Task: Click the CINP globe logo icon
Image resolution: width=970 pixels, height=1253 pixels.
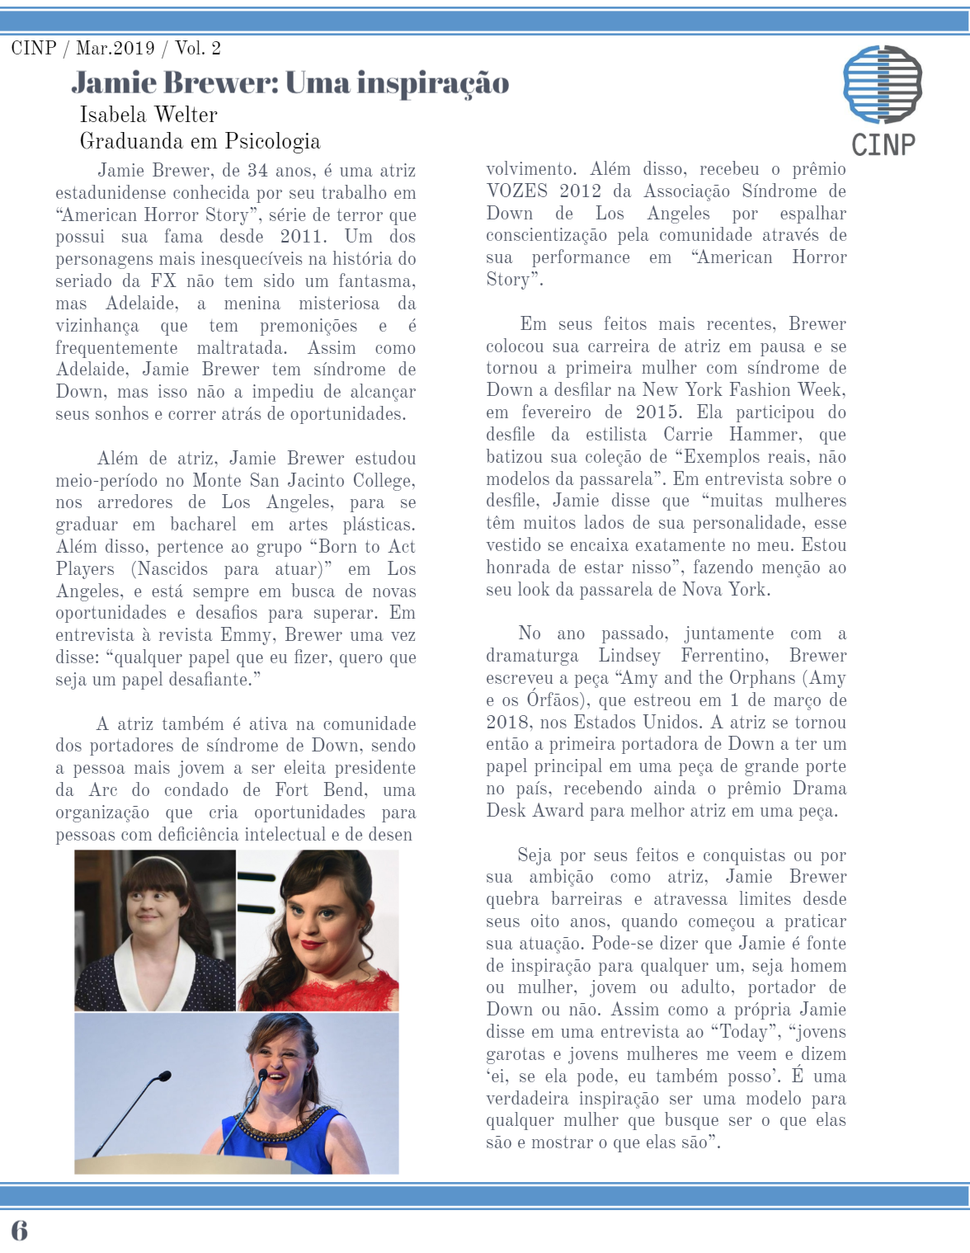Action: [x=882, y=84]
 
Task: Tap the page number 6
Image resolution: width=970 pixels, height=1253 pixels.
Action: [x=19, y=1230]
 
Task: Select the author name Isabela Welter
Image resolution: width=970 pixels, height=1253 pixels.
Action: [x=148, y=115]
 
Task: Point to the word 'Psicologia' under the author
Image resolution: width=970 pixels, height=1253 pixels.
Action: [x=272, y=141]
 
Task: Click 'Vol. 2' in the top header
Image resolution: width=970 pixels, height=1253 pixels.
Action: [x=198, y=48]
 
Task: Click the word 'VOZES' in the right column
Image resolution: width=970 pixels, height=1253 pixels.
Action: [x=516, y=191]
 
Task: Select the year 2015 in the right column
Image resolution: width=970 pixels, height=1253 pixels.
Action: [x=658, y=412]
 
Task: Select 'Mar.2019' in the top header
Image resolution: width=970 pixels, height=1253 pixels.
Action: [x=115, y=48]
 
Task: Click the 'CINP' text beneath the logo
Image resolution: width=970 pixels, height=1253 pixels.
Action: [x=883, y=145]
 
